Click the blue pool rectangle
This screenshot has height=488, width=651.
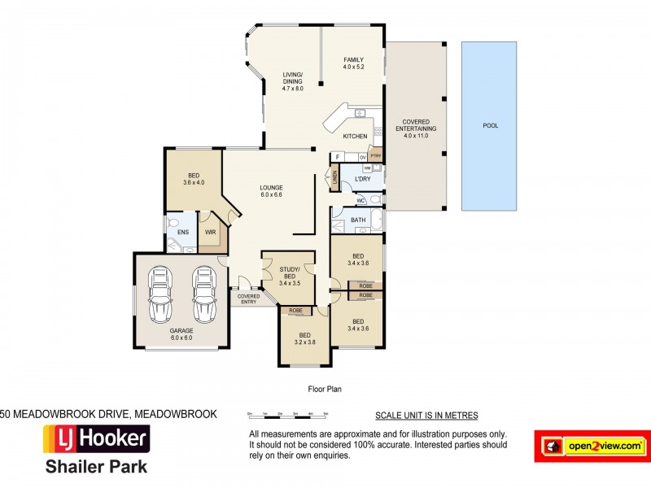click(489, 126)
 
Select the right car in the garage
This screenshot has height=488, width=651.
click(203, 294)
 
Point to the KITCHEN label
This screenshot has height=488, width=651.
click(355, 136)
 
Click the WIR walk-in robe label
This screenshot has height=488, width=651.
click(210, 232)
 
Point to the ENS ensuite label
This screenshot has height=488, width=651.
click(182, 232)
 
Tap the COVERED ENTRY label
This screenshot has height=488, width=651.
click(249, 298)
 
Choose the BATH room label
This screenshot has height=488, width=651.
click(358, 220)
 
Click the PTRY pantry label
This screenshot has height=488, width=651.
click(375, 155)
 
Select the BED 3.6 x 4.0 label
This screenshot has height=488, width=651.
click(194, 179)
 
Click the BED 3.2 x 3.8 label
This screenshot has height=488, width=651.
click(304, 338)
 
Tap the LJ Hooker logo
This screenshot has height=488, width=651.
click(96, 440)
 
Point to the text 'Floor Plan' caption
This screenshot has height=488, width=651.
click(325, 389)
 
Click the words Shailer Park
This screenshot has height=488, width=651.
click(96, 468)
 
